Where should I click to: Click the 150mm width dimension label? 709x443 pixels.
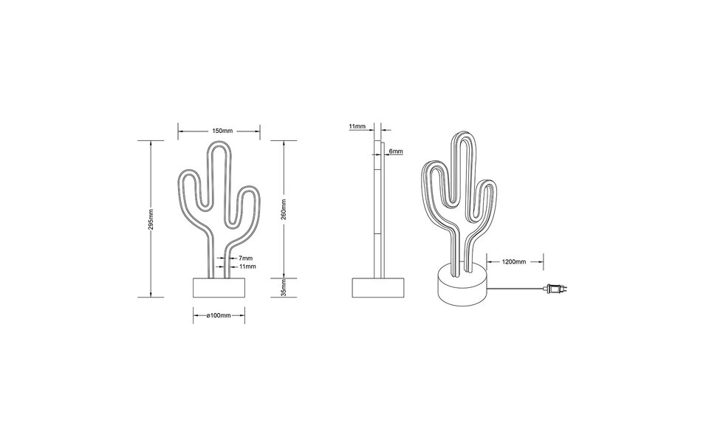pyautogui.click(x=218, y=131)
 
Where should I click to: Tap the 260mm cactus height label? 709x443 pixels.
pyautogui.click(x=284, y=209)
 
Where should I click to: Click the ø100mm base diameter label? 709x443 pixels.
pyautogui.click(x=219, y=315)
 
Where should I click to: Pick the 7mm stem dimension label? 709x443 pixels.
pyautogui.click(x=246, y=258)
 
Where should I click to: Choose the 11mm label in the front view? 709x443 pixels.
pyautogui.click(x=247, y=266)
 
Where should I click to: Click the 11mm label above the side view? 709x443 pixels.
pyautogui.click(x=357, y=126)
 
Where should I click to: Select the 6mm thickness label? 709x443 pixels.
pyautogui.click(x=395, y=151)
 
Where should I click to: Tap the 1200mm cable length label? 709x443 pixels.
pyautogui.click(x=515, y=261)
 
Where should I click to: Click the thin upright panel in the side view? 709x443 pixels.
pyautogui.click(x=378, y=207)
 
